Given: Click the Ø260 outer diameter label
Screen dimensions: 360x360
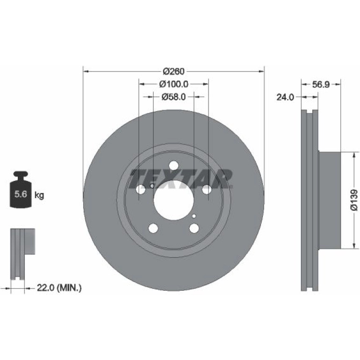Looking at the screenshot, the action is [173, 72].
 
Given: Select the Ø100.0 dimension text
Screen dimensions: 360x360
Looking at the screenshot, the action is [174, 84].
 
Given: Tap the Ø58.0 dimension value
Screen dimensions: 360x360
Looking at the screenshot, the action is [173, 97].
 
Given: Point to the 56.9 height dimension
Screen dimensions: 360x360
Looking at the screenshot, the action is [321, 85].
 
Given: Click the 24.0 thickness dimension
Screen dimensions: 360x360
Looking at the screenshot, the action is [285, 97].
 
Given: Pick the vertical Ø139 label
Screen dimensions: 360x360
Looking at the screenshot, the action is [354, 200].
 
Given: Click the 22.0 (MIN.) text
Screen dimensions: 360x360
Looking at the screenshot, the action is [59, 288].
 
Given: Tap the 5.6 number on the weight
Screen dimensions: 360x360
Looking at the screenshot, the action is [21, 194].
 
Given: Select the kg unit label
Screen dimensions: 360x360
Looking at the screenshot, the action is [39, 195].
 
